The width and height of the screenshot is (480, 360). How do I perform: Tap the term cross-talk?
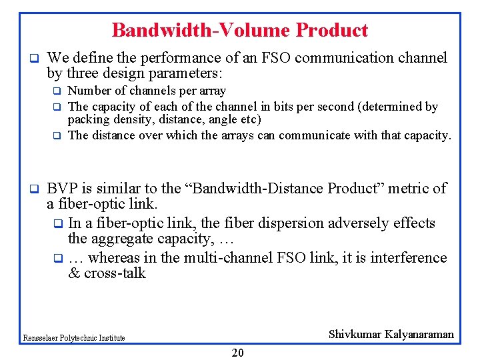click(115, 273)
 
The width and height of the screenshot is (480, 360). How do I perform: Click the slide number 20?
click(237, 353)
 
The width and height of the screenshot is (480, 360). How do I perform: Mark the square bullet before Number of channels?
click(57, 91)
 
